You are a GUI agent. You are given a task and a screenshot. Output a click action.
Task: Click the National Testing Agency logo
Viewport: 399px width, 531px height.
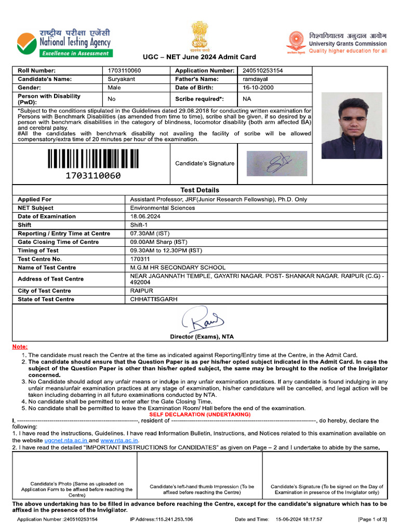coord(64,43)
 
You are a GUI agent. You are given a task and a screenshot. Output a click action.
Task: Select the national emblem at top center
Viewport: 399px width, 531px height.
coord(199,36)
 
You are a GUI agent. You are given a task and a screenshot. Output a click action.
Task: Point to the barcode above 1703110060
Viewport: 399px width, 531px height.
coord(93,159)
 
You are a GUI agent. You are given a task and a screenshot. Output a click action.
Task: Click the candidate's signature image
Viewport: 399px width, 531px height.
coord(276,163)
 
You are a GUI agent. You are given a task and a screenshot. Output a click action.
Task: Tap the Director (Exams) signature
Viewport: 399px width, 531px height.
coord(202,319)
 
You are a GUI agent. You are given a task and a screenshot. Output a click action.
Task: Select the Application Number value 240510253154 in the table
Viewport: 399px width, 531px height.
coord(262,71)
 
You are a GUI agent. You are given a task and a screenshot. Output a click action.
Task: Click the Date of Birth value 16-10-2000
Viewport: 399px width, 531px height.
coord(258,88)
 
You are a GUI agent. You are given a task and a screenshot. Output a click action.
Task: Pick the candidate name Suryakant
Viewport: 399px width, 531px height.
coord(121,79)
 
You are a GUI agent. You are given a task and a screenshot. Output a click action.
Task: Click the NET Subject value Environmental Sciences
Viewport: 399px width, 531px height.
coord(163,208)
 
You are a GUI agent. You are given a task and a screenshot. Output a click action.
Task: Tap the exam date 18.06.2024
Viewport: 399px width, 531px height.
coord(144,216)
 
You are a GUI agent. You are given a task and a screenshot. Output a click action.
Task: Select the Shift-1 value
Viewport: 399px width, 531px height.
coord(138,225)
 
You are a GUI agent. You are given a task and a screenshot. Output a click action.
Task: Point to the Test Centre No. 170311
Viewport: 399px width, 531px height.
coord(140,259)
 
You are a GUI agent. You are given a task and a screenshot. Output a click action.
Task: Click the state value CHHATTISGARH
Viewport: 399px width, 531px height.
coord(154,299)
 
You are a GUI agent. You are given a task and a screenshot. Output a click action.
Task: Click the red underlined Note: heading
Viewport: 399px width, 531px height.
coord(20,346)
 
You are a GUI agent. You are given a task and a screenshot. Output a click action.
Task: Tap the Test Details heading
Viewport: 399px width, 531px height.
coord(199,190)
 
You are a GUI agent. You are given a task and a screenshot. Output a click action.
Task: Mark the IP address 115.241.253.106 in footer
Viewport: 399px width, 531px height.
coord(161,519)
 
